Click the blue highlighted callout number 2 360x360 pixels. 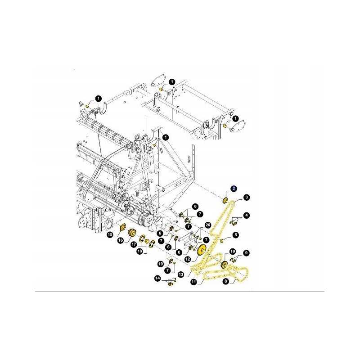[234, 189]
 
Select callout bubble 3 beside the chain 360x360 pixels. [246, 197]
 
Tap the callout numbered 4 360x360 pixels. [247, 216]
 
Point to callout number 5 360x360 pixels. [236, 235]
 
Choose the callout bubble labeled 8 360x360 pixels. [226, 281]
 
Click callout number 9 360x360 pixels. [246, 253]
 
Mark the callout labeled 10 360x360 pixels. [233, 252]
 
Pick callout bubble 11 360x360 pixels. [194, 282]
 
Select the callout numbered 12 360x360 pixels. [188, 259]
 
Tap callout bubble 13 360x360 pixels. [181, 274]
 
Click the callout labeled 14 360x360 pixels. [157, 279]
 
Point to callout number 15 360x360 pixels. [110, 234]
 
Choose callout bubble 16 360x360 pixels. [121, 240]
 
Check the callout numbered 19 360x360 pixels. [161, 264]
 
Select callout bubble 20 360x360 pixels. [208, 225]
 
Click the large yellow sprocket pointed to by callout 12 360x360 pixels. [202, 250]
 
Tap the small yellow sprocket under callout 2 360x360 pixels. [225, 200]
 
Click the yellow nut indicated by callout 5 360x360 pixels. [222, 241]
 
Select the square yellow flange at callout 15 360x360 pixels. [122, 229]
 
